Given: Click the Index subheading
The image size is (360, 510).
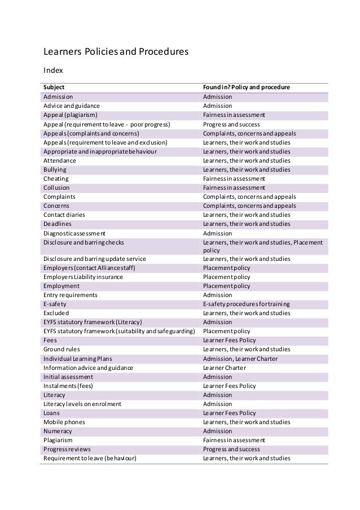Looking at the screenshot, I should [53, 71].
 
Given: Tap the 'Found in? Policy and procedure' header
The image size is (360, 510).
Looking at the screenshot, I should [247, 88].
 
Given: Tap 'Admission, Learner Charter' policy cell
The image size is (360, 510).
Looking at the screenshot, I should [240, 358].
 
